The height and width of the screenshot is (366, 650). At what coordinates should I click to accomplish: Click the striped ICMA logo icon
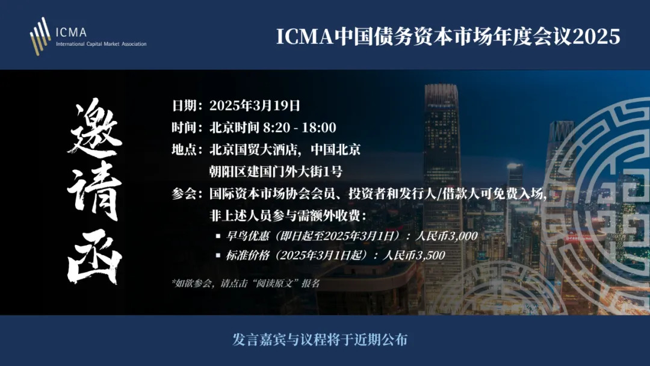point(40,36)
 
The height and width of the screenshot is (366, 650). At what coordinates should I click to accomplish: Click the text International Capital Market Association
point(101,44)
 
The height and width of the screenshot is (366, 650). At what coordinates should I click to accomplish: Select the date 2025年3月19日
point(255,105)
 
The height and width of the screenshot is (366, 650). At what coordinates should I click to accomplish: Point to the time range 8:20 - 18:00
point(299,127)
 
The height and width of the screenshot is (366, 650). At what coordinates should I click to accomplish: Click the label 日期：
point(187,105)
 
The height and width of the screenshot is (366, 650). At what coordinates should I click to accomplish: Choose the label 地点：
point(187,149)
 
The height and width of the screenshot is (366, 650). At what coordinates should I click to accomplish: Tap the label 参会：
point(187,194)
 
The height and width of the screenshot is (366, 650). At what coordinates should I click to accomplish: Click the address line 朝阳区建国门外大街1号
point(276,171)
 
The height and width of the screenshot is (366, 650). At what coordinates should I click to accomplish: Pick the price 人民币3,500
point(413,255)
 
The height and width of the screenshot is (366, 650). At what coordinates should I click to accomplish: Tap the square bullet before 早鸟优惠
point(218,236)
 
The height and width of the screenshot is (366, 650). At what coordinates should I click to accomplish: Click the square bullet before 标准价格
point(218,255)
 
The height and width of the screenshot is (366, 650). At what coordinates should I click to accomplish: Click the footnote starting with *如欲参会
point(246,284)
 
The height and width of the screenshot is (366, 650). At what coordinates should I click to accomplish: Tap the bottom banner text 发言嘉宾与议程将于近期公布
point(320,340)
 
